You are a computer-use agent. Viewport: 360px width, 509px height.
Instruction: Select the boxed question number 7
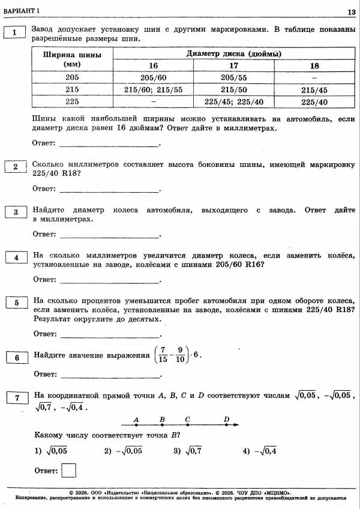tap(17, 397)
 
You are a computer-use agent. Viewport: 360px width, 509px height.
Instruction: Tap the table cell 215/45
tap(314, 89)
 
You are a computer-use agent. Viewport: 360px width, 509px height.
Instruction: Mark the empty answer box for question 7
tap(68, 470)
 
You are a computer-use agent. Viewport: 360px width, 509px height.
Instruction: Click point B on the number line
tap(162, 425)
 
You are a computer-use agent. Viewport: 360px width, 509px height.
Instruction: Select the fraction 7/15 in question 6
tap(162, 355)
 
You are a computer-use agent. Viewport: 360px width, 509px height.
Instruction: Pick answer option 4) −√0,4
tap(259, 451)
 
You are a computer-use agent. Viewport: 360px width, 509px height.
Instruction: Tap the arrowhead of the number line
tap(237, 425)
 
